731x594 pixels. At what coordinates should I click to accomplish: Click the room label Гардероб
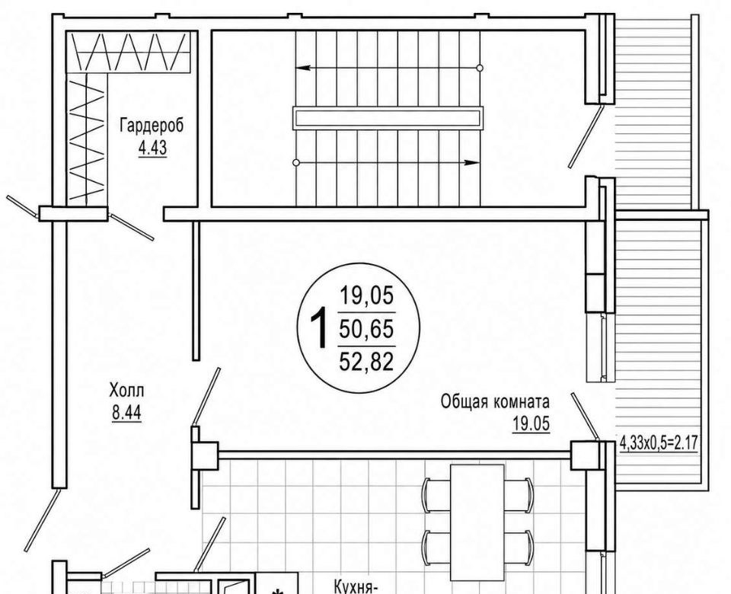pos(152,126)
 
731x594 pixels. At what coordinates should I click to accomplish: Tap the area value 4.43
pos(152,148)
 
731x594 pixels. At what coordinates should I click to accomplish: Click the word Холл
pos(127,390)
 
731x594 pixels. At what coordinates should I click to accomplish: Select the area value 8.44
pos(126,413)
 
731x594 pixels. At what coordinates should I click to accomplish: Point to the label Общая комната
pos(495,401)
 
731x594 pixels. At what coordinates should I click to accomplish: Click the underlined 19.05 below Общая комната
pos(531,424)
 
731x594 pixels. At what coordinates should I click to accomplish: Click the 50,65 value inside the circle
pos(366,329)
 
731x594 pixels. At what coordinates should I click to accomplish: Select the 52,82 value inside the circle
pos(366,362)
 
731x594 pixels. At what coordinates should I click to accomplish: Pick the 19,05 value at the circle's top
pos(367,295)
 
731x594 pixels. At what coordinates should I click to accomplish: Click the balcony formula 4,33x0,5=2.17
pos(659,442)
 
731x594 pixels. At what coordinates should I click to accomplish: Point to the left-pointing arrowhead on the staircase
pos(303,68)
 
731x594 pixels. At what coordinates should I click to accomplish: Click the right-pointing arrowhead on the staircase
pos(472,163)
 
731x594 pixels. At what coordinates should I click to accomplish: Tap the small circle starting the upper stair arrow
pos(480,68)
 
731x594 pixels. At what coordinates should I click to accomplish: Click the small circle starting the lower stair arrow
pos(296,163)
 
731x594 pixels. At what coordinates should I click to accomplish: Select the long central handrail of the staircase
pos(388,118)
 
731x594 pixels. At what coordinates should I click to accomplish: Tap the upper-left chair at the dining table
pos(436,495)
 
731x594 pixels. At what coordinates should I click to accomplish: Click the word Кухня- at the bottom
pos(356,586)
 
